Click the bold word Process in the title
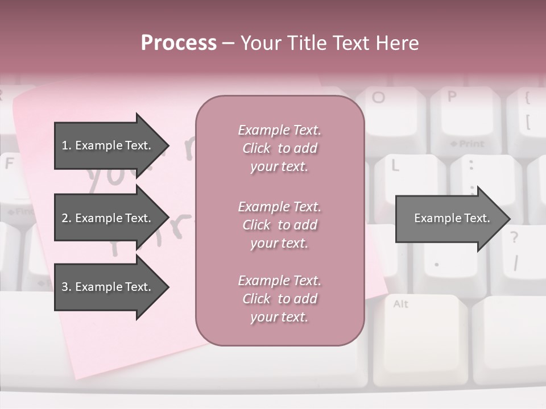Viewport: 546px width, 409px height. [179, 43]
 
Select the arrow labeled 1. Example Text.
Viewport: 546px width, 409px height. [108, 145]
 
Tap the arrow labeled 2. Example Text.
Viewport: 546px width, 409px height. [108, 218]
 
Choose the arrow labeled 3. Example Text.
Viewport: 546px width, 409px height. [108, 287]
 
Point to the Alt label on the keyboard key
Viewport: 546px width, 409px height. [400, 304]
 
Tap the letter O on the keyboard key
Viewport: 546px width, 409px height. [378, 97]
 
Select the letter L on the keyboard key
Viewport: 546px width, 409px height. [394, 165]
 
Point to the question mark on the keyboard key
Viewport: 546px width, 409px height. [514, 237]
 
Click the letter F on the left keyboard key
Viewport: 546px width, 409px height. [9, 164]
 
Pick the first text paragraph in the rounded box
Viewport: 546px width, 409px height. [279, 148]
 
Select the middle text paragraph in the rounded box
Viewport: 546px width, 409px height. [279, 225]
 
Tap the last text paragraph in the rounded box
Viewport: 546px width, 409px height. [279, 299]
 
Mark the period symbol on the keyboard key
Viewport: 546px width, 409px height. [436, 264]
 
